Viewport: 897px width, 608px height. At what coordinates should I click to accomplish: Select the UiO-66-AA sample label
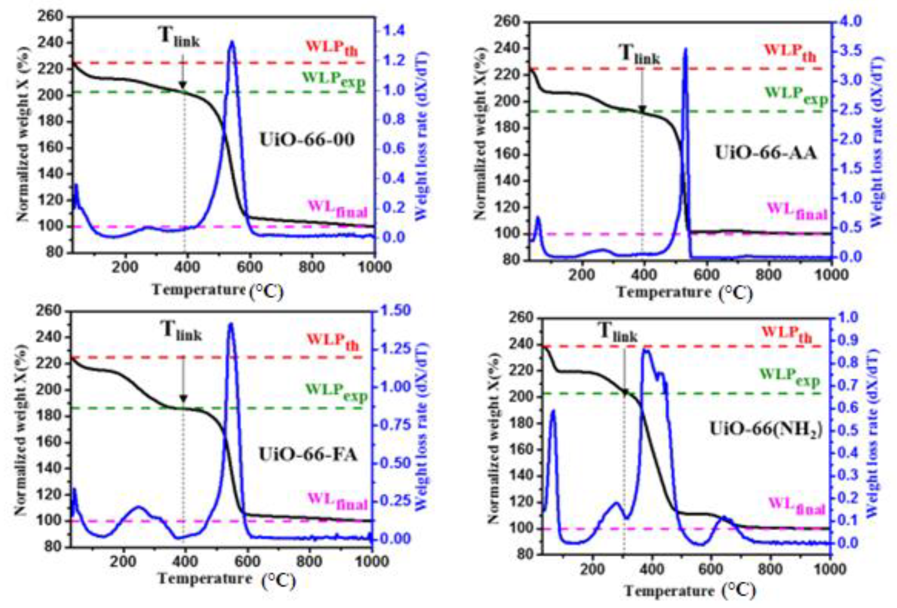[766, 153]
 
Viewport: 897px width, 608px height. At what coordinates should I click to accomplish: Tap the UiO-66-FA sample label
[308, 455]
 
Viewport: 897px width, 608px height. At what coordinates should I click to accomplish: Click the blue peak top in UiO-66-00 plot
[232, 42]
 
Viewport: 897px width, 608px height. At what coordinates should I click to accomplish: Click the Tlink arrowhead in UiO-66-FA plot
[183, 399]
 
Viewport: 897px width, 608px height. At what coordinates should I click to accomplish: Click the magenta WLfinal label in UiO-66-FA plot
[337, 501]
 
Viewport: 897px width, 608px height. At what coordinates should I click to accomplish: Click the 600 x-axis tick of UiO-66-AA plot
[706, 275]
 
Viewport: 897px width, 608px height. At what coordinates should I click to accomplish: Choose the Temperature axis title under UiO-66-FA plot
[205, 579]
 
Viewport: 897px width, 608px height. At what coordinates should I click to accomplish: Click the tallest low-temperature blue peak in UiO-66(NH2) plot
[553, 411]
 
